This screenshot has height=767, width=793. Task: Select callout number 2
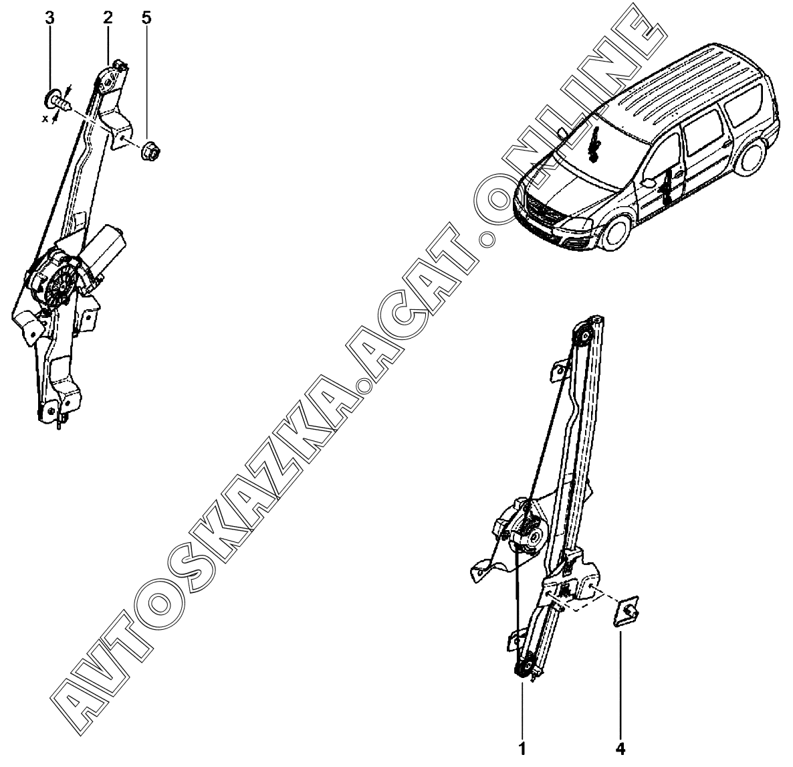click(108, 17)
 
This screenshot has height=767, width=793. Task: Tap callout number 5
click(146, 17)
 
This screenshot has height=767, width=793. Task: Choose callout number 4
click(620, 747)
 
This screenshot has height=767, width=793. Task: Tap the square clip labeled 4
click(627, 611)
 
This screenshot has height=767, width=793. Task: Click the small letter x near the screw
click(45, 118)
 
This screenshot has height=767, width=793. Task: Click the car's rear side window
click(742, 107)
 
